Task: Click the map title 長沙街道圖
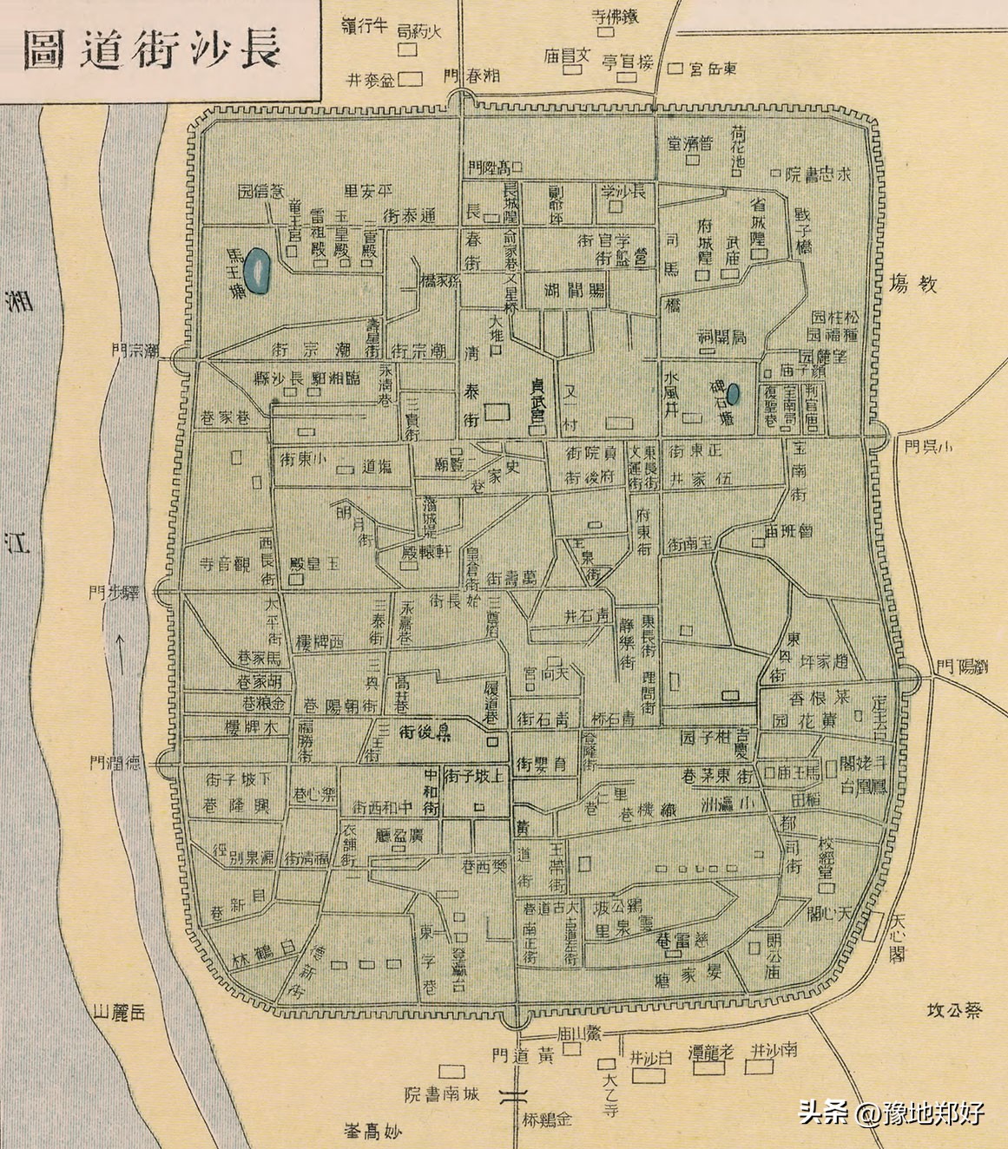click(x=153, y=49)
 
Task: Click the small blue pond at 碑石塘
click(x=734, y=395)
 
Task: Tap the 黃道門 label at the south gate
click(x=522, y=1056)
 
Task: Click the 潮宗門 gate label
click(x=136, y=351)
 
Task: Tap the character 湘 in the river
click(x=18, y=301)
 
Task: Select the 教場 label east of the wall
click(x=914, y=283)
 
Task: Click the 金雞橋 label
click(x=549, y=1118)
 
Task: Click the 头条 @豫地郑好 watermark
click(x=891, y=1113)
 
